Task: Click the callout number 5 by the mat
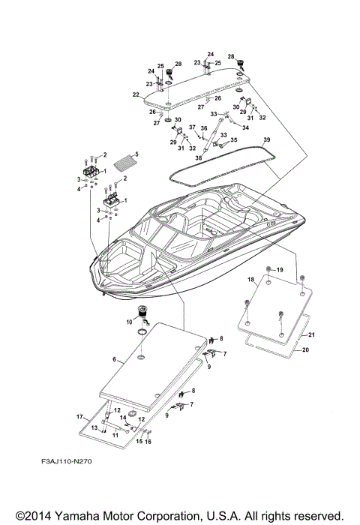pos(136,156)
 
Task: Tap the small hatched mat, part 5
pos(124,161)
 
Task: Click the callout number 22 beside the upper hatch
pos(136,94)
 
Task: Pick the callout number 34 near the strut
pos(225,127)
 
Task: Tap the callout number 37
pos(190,127)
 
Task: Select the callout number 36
pos(204,129)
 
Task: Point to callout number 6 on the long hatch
pos(115,359)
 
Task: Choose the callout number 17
pos(79,416)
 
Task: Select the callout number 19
pos(280,269)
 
